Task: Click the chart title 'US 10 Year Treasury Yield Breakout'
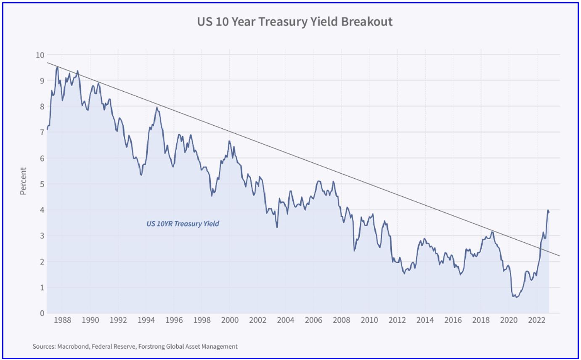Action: point(294,22)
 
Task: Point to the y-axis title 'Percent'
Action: point(23,181)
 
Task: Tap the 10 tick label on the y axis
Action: point(40,55)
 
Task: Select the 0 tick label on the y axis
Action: point(42,313)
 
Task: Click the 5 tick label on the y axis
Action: point(42,184)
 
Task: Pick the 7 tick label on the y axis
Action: point(42,132)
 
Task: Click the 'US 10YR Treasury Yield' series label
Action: point(183,224)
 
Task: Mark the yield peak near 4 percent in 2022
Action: point(548,210)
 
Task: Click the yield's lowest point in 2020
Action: point(515,297)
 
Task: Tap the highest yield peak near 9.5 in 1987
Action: point(57,67)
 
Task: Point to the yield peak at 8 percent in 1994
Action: point(157,107)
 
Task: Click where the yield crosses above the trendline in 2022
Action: point(541,250)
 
